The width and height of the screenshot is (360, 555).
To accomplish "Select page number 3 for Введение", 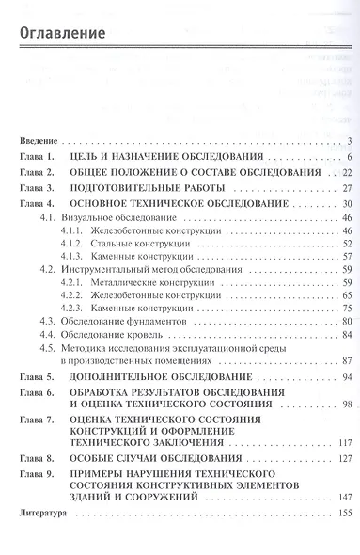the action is (x=348, y=141).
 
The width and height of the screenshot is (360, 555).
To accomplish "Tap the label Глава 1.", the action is (x=39, y=157).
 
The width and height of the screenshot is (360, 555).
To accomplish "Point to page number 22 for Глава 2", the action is (x=345, y=173).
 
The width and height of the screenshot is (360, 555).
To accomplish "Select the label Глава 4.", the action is (x=39, y=203).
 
